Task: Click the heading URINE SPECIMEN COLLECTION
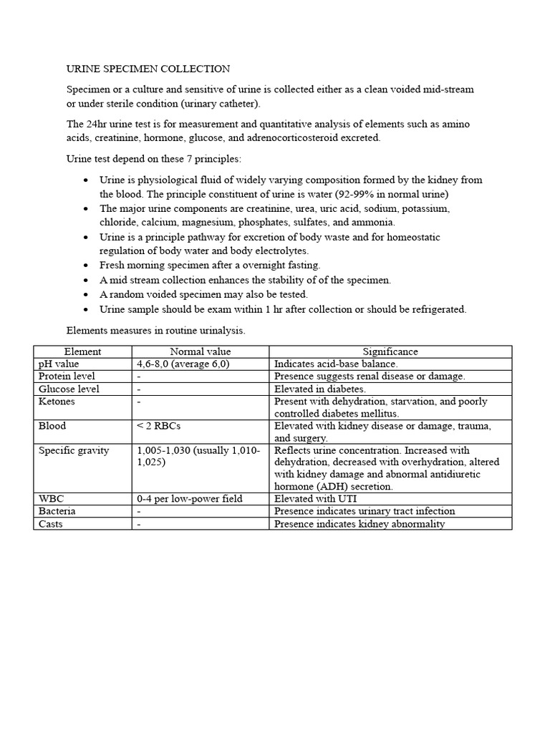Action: pos(148,69)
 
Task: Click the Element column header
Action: pos(82,351)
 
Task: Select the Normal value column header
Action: pos(200,351)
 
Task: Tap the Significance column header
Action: pos(390,351)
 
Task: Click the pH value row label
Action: pos(59,364)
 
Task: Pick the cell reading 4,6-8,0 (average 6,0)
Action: pos(184,364)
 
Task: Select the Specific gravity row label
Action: pos(74,450)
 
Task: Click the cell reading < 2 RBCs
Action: pos(158,426)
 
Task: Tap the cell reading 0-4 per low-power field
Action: pos(189,498)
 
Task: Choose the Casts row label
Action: pos(51,524)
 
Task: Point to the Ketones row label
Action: pos(57,402)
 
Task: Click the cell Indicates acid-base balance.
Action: pos(336,364)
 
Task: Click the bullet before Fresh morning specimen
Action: pos(86,266)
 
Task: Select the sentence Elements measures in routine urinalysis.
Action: pos(156,331)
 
